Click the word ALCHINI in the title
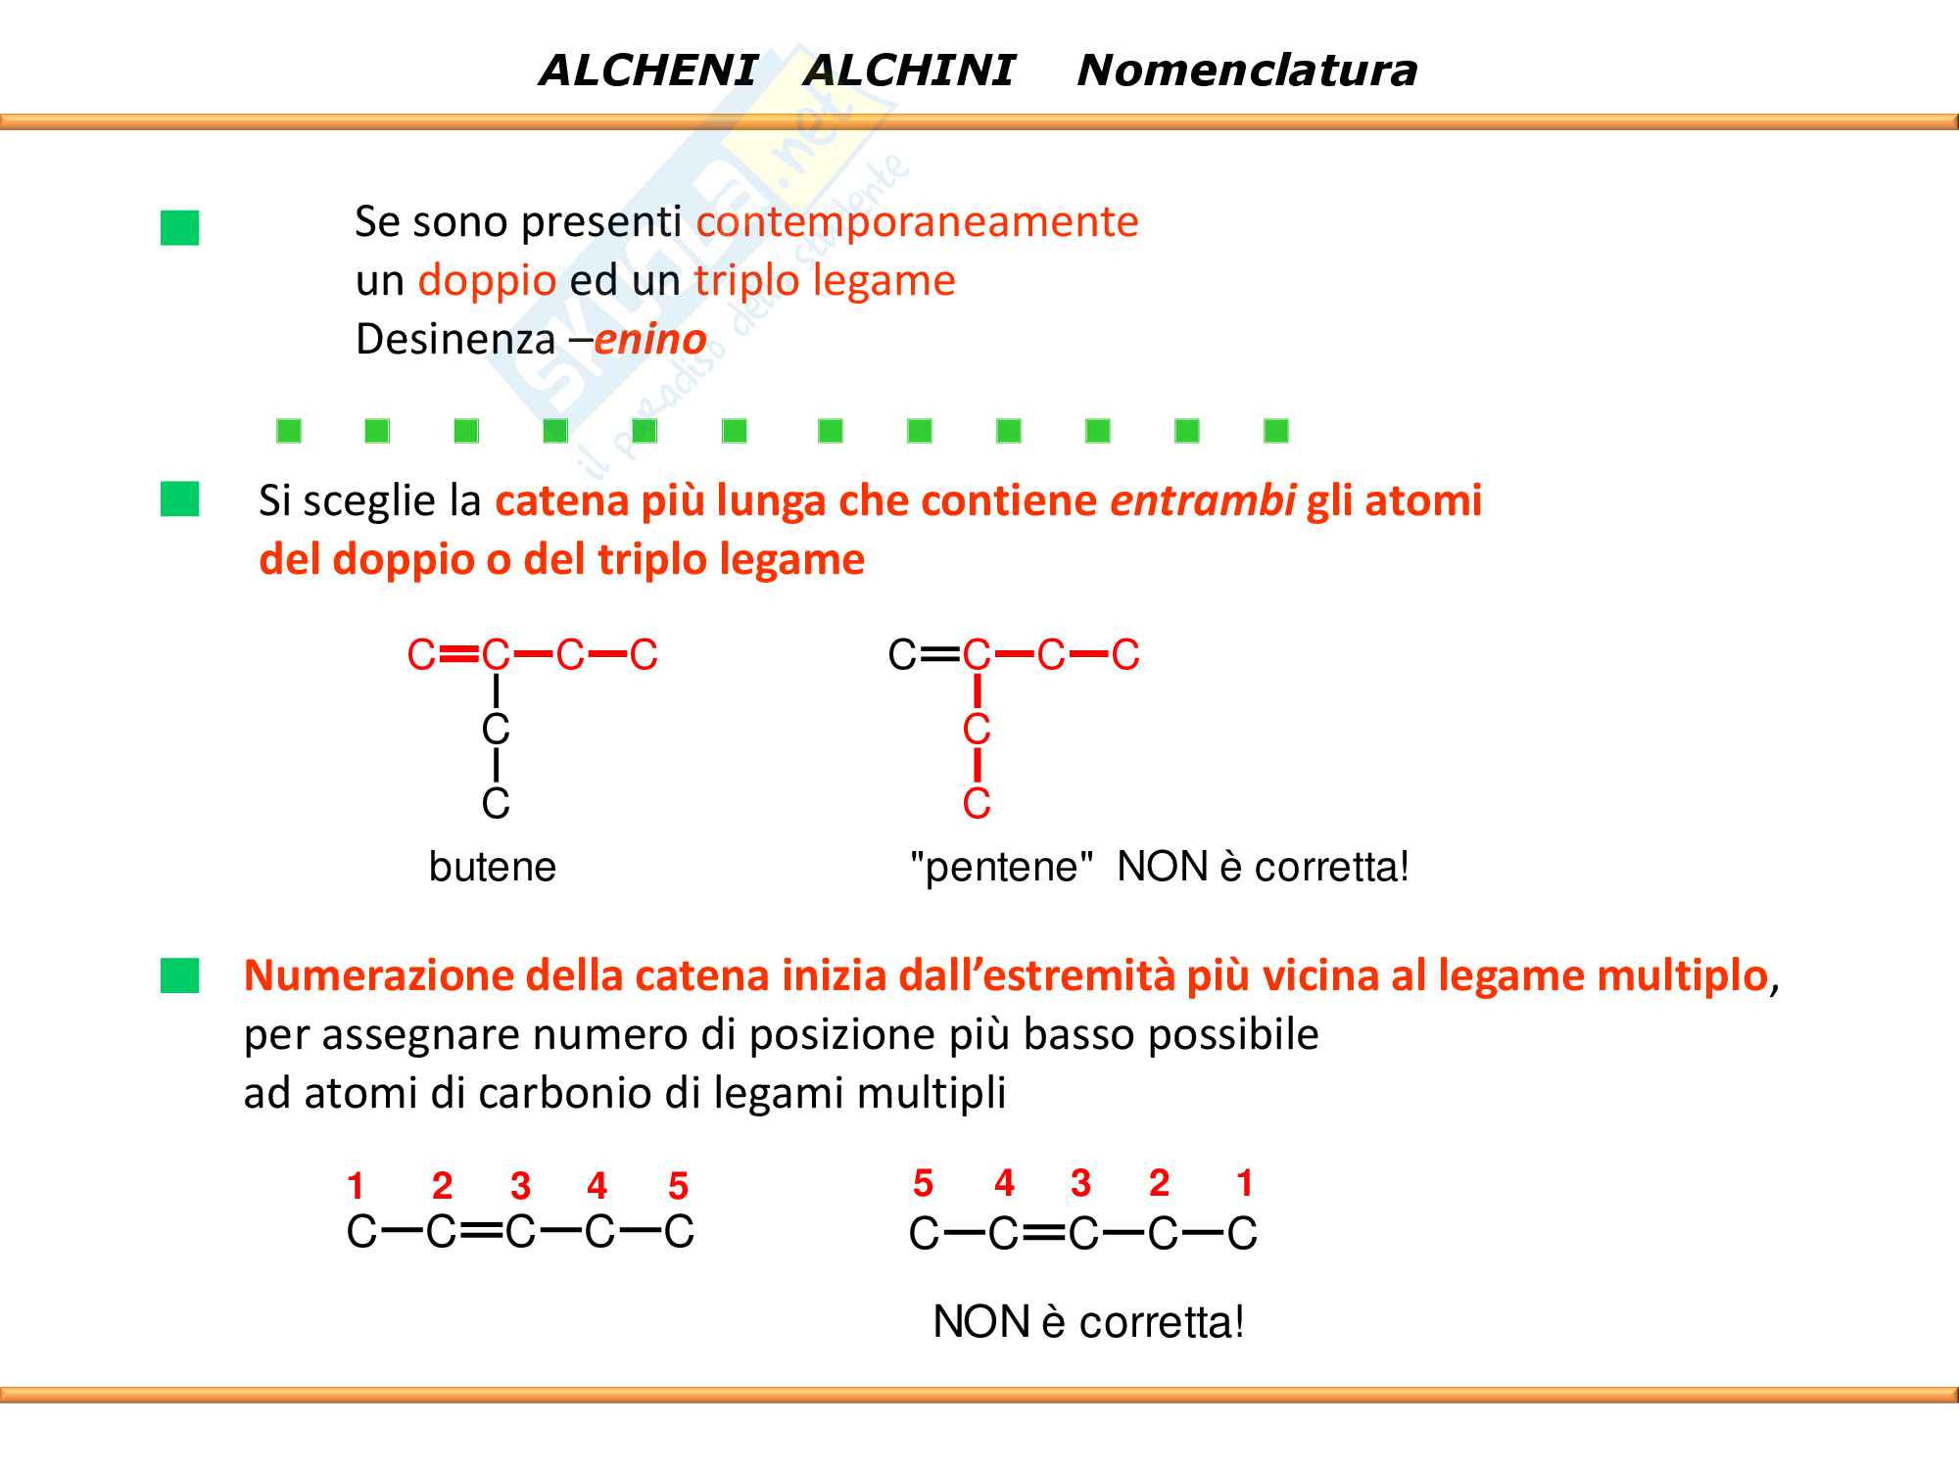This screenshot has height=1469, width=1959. coord(909,71)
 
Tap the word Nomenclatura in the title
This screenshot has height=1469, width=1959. coord(1247,71)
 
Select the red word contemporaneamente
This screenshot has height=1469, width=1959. coord(917,221)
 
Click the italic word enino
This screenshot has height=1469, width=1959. coord(650,340)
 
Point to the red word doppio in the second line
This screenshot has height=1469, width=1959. coord(487,281)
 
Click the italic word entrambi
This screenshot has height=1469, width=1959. coord(1203,500)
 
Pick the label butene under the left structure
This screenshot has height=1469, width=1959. coord(492,867)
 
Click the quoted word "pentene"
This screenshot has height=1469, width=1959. coord(1001,867)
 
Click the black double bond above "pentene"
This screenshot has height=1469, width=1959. coord(939,654)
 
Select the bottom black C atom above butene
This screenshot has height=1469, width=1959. coord(496,804)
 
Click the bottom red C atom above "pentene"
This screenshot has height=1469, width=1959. coord(977,804)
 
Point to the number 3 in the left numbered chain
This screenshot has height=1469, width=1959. coord(520,1186)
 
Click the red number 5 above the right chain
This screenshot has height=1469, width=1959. coord(923,1183)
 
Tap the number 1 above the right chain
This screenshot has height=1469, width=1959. coord(1244,1183)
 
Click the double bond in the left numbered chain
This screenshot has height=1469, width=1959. coord(480,1231)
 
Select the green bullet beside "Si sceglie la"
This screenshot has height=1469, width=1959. coord(180,499)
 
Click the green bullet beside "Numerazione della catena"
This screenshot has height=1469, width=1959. coord(180,975)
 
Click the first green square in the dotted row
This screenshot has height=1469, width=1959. coord(289,431)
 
